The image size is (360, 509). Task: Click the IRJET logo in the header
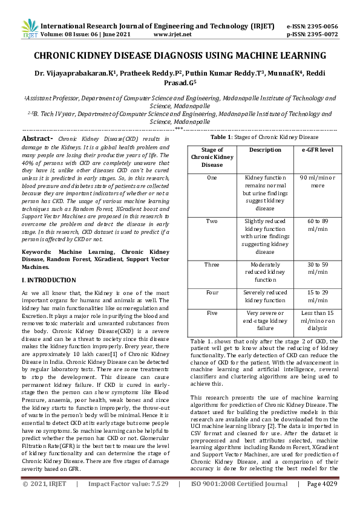(29, 28)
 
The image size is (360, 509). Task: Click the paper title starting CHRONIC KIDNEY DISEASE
(180, 56)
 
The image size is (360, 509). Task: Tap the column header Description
(265, 149)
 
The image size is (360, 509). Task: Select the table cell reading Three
(212, 264)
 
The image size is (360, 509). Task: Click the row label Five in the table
(212, 313)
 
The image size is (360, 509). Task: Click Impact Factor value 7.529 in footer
(128, 501)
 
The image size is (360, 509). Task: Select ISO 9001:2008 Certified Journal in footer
(239, 501)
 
